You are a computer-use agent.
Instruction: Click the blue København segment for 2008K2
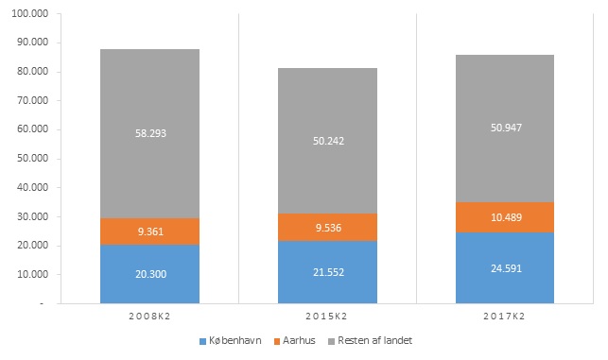click(x=149, y=274)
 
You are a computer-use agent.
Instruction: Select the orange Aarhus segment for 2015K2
click(x=327, y=227)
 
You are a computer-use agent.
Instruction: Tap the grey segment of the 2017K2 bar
click(x=505, y=129)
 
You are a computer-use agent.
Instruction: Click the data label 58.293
click(x=150, y=133)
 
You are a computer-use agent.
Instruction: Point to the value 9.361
click(x=150, y=231)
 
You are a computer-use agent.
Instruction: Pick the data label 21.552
click(x=328, y=272)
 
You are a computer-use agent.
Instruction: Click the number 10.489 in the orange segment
click(x=507, y=217)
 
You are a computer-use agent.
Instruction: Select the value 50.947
click(x=507, y=128)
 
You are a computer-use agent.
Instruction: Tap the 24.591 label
click(x=507, y=268)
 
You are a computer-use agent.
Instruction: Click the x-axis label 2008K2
click(x=149, y=317)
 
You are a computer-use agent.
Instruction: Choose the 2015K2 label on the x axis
click(x=326, y=317)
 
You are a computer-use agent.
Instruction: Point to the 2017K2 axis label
click(x=504, y=317)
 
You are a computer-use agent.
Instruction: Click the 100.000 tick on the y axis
click(x=30, y=13)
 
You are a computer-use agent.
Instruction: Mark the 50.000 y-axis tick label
click(x=32, y=158)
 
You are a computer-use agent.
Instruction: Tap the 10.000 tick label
click(x=32, y=274)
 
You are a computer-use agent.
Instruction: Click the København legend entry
click(x=231, y=340)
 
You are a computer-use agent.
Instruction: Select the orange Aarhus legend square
click(x=277, y=341)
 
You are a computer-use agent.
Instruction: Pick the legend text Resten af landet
click(x=375, y=340)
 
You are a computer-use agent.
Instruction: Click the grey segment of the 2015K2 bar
click(x=327, y=141)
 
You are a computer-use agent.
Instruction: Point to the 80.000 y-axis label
click(x=32, y=71)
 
